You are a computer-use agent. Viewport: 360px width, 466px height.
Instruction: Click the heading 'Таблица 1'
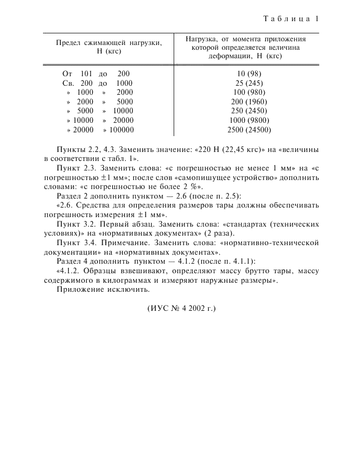click(291, 19)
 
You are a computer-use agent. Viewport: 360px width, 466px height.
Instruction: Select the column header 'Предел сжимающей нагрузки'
click(109, 43)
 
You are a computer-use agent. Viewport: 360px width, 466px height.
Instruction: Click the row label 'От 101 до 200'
click(96, 74)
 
